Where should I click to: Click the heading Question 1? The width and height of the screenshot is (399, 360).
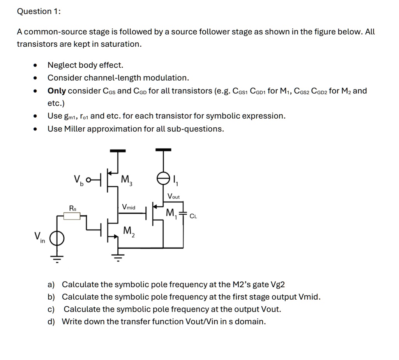tap(39, 11)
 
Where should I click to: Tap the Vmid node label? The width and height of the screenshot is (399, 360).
tap(129, 207)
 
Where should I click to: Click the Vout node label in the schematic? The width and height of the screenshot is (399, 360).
tap(174, 197)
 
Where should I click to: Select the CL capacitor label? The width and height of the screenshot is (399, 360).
tap(193, 216)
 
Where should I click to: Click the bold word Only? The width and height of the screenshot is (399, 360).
tap(56, 91)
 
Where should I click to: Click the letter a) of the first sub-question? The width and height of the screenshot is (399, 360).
tap(51, 284)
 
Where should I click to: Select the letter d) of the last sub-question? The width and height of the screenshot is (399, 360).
tap(51, 321)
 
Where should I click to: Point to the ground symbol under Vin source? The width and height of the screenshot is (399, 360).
tap(57, 258)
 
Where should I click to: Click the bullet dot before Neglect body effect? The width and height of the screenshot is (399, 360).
tap(36, 65)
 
